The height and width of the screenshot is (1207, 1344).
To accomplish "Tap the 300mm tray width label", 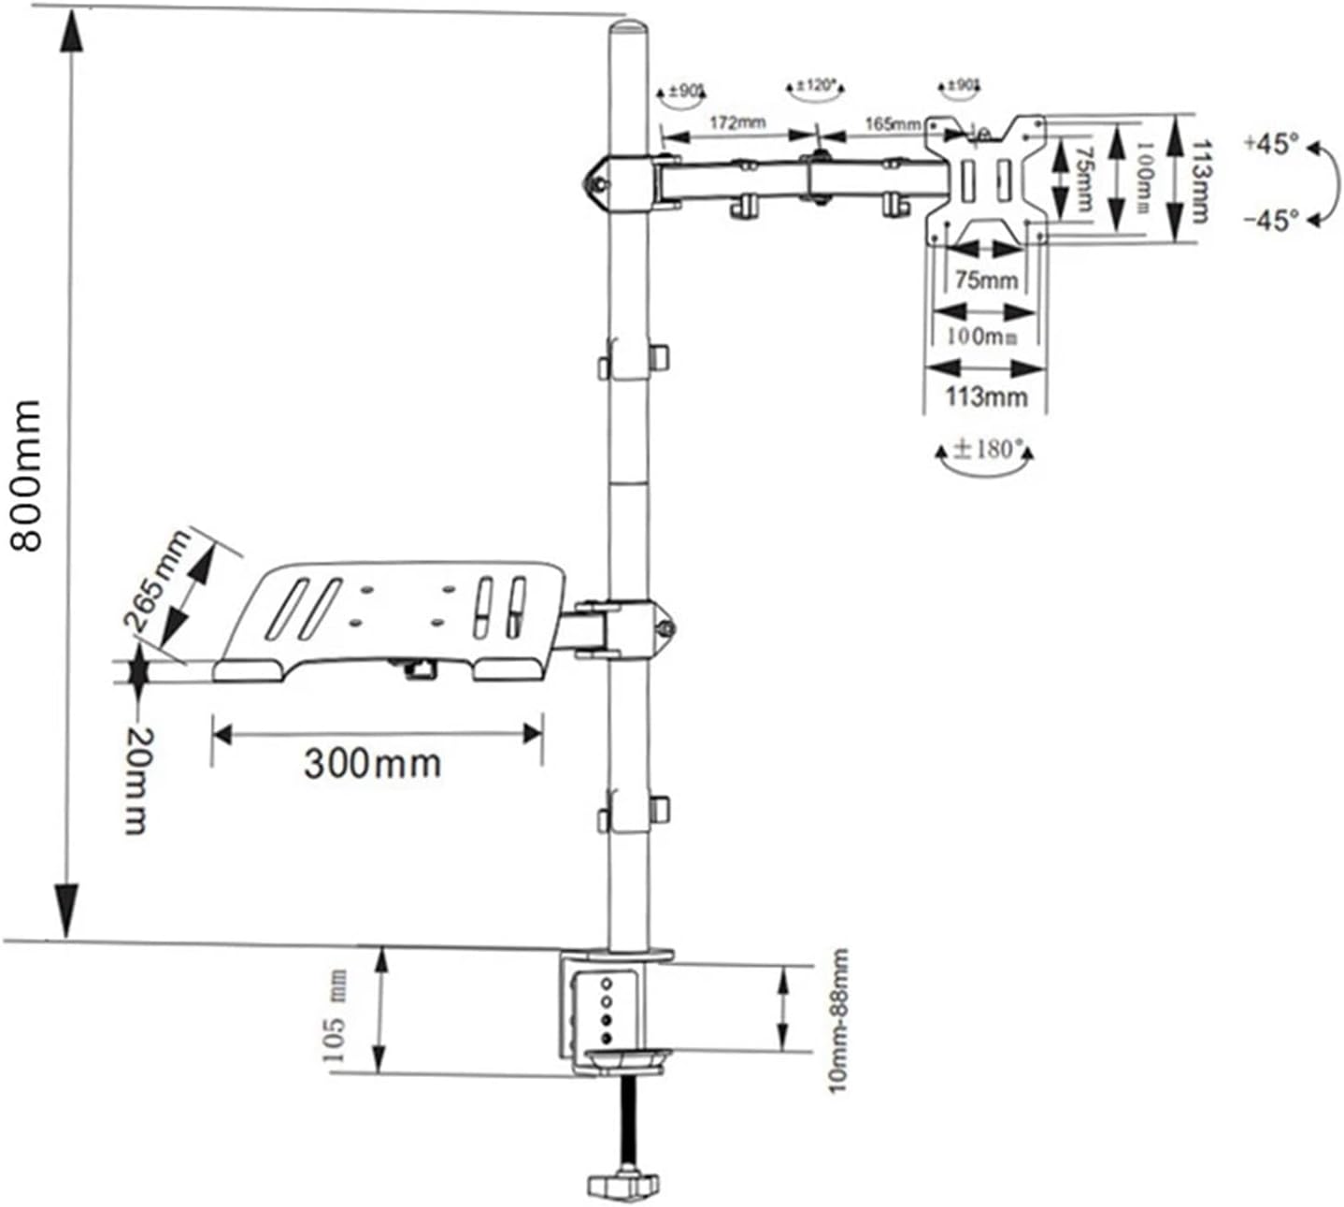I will click(x=372, y=764).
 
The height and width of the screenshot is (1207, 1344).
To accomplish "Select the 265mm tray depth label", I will click(x=156, y=581).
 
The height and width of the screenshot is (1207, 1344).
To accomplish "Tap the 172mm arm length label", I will click(x=737, y=122).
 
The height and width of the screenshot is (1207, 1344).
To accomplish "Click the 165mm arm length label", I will click(x=892, y=123).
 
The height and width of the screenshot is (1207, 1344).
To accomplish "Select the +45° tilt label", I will click(x=1271, y=145).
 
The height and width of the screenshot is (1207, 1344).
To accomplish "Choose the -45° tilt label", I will click(x=1271, y=221).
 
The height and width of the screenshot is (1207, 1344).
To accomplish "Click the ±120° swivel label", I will click(x=816, y=86).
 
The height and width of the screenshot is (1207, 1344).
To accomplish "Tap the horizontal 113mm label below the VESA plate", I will click(x=985, y=396).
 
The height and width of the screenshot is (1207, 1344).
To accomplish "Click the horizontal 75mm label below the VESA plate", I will click(x=985, y=280).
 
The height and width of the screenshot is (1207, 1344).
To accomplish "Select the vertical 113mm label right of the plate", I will click(x=1202, y=180).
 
